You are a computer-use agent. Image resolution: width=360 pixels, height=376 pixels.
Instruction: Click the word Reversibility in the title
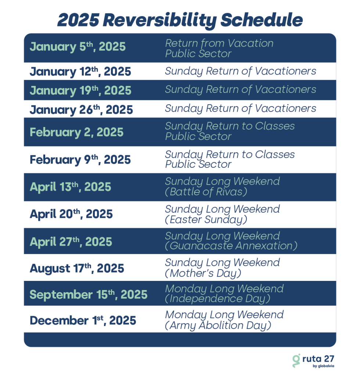point(160,20)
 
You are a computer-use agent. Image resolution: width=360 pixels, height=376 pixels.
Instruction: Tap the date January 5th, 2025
point(78,47)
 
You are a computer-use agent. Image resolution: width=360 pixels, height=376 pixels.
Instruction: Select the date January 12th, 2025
point(80,72)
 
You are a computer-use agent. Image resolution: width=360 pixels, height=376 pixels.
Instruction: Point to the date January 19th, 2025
point(80,90)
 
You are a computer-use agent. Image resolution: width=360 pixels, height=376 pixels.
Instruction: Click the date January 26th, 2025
point(81,109)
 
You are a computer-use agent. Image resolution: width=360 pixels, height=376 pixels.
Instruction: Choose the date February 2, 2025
point(76,132)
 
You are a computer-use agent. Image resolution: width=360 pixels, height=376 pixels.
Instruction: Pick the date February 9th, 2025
point(80,159)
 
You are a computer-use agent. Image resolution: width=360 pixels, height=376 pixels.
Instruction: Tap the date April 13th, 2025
point(70,187)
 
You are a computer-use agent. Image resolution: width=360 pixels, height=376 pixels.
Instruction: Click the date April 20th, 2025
point(71,214)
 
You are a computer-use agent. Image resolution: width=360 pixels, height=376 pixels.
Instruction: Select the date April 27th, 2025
point(71,242)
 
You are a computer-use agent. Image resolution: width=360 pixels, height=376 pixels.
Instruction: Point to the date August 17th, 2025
point(77,268)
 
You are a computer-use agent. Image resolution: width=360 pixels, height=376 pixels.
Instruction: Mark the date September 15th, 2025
point(89,294)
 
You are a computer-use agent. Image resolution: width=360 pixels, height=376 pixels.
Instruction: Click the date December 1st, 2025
point(83,320)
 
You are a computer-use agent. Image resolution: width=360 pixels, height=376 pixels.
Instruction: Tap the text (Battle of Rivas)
point(206,192)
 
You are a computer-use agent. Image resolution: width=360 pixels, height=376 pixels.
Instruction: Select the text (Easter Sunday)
point(206,220)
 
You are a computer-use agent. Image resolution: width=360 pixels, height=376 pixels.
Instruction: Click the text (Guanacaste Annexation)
point(231,246)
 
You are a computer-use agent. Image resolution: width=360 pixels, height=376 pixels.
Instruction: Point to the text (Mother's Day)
point(203,273)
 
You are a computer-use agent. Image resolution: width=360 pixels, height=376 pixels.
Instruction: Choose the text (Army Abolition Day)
point(218,325)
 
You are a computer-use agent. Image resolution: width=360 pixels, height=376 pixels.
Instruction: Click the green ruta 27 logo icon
point(296,361)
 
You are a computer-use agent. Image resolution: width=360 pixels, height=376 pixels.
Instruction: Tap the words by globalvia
point(323,366)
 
